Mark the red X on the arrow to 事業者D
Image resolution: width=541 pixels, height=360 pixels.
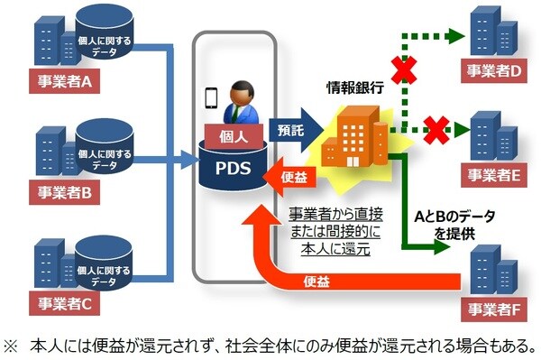click(x=398, y=68)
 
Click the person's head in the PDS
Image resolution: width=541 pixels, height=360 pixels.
click(x=242, y=91)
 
